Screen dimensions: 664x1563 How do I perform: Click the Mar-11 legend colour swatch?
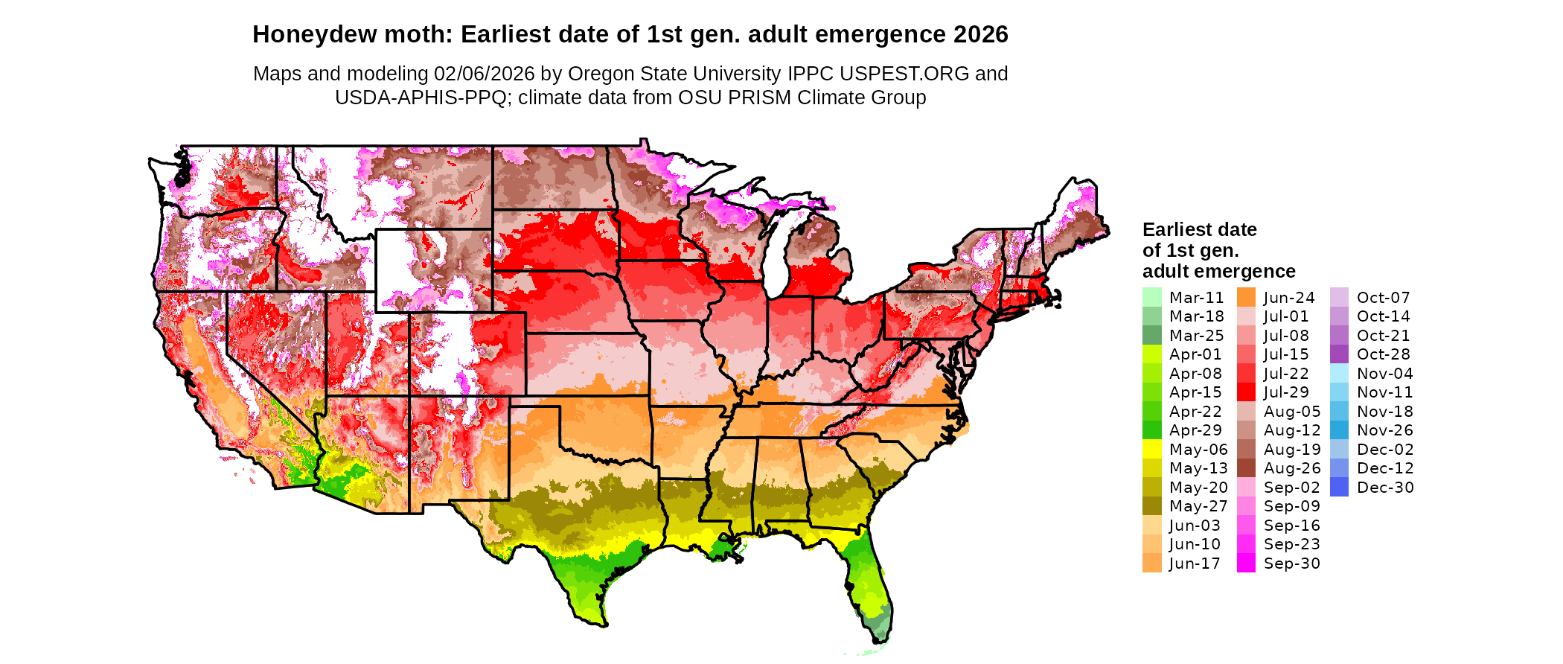pos(1151,297)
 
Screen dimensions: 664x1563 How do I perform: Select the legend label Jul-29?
pos(1286,392)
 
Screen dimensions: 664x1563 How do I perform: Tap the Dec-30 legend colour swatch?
pos(1339,488)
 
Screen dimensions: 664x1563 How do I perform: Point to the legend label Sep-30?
pos(1291,564)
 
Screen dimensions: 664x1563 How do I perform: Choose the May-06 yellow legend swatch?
pos(1151,450)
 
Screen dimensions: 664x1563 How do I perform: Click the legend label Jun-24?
pos(1289,298)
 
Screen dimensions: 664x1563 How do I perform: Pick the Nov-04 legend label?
pos(1384,374)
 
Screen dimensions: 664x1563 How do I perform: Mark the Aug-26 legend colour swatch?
pos(1246,468)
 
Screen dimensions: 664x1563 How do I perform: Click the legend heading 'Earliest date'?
pos(1199,229)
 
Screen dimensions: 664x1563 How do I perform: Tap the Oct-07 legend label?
pos(1383,298)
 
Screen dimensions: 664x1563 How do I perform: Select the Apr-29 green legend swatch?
pos(1151,430)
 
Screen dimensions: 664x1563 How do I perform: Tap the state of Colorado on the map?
pos(467,354)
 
